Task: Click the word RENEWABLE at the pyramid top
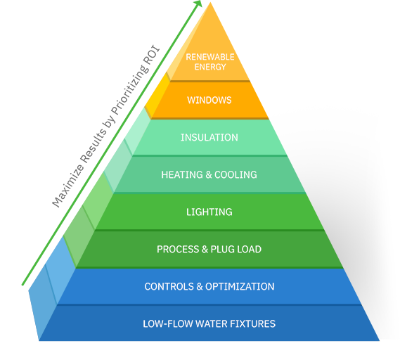210,57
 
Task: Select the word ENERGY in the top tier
210,67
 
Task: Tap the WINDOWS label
209,100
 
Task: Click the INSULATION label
209,138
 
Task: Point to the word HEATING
182,175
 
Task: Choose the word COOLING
236,175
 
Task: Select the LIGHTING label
209,212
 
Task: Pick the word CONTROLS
169,286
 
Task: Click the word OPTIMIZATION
240,286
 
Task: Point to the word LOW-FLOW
167,323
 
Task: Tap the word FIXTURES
253,323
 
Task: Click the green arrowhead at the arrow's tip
198,4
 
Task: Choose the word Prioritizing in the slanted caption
129,90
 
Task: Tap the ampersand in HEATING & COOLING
209,175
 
